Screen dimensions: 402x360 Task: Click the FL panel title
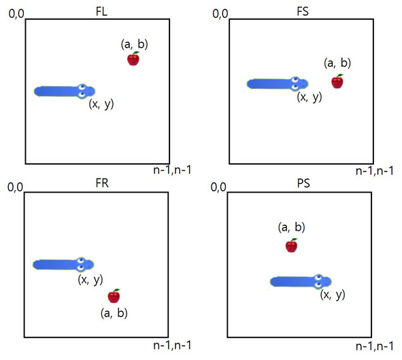coord(101,12)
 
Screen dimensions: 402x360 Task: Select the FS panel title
coord(303,12)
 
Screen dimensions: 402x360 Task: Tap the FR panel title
coord(102,183)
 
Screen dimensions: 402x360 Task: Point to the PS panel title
coord(303,183)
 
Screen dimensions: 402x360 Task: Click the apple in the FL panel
coord(133,59)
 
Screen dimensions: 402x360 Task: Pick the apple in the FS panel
coord(337,82)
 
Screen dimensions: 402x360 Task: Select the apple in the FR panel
coord(114,296)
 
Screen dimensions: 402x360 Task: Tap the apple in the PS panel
coord(292,246)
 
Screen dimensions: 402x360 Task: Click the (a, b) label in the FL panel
coord(135,44)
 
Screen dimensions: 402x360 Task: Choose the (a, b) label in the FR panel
coord(114,313)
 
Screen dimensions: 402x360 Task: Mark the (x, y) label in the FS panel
coord(309,97)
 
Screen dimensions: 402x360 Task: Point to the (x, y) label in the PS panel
coord(333,295)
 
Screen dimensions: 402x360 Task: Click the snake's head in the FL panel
coord(86,91)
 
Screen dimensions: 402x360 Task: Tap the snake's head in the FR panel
coord(86,264)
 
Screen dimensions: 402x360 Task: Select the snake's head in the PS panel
coord(323,281)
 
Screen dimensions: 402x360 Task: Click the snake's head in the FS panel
coord(300,84)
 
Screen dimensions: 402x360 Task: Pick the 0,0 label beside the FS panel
coord(220,14)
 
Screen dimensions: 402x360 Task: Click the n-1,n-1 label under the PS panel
coord(375,346)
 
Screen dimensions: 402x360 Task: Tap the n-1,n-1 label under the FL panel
coord(172,169)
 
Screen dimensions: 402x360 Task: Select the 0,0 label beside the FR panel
coord(16,187)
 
